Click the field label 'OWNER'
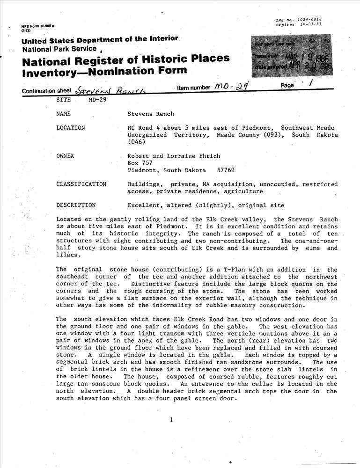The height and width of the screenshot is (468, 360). (x=66, y=156)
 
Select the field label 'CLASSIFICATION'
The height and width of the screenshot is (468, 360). (x=81, y=184)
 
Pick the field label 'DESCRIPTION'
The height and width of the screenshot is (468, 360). (x=76, y=205)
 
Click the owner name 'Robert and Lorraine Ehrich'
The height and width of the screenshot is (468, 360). (x=174, y=156)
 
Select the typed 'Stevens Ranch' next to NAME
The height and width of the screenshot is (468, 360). (x=151, y=114)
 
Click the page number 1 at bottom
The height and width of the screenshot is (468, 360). (x=172, y=420)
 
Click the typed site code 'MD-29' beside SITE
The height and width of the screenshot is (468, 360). (x=97, y=100)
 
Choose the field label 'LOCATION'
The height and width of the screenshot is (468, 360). (x=70, y=127)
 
